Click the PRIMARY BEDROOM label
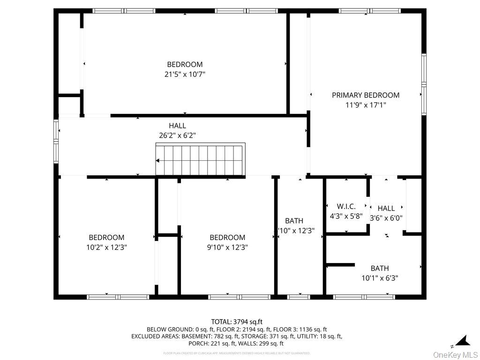tap(366, 95)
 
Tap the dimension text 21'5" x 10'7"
tap(185, 74)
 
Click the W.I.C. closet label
tap(346, 206)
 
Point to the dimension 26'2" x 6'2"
tap(177, 135)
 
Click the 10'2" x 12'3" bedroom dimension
tap(106, 247)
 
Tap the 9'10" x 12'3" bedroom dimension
tap(227, 247)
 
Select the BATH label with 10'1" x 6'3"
tap(380, 268)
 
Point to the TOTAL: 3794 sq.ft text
tap(237, 322)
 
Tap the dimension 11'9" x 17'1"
tap(366, 105)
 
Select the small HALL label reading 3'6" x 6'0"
tap(386, 208)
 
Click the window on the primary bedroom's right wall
tap(424, 84)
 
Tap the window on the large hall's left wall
tap(56, 141)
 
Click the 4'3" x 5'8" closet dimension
tap(346, 217)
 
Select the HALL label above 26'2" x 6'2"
tap(177, 126)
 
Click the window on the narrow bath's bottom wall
tap(299, 296)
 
